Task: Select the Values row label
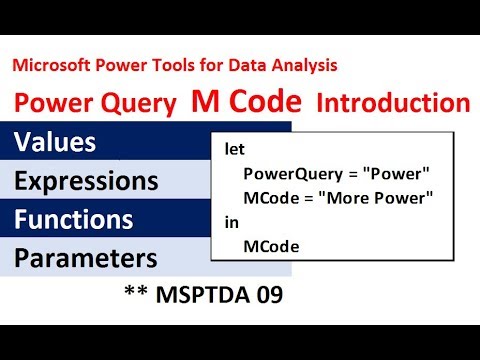[55, 142]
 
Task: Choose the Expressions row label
[86, 181]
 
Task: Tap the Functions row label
[74, 219]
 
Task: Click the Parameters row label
[86, 258]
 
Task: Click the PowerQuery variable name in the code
[286, 173]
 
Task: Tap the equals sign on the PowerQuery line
[342, 173]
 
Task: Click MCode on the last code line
[266, 246]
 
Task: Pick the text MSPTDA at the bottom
[220, 297]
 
